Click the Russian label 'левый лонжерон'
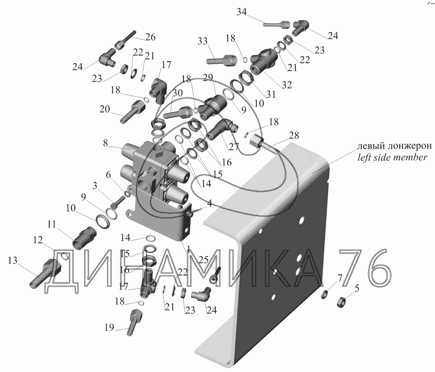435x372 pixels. click(395, 146)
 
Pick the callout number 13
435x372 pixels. click(13, 261)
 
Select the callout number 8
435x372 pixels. click(106, 143)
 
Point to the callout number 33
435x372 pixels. click(202, 41)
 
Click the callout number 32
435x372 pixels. click(287, 85)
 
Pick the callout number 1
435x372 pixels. click(188, 250)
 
